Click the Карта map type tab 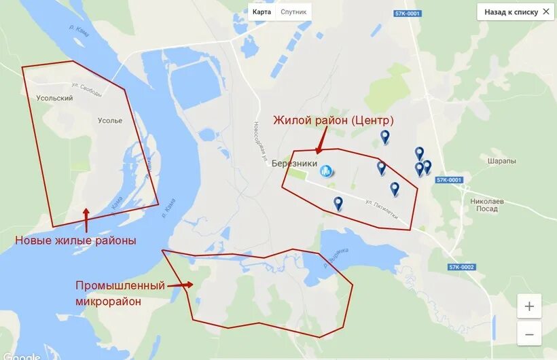[262, 12]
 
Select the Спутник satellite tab [293, 12]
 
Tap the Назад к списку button [516, 12]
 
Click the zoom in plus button [529, 306]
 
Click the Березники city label [294, 164]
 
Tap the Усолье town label [110, 121]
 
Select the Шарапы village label [501, 161]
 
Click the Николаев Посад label [487, 205]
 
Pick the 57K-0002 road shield [461, 267]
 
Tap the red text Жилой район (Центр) [334, 120]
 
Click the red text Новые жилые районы [75, 240]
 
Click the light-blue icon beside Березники [327, 170]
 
